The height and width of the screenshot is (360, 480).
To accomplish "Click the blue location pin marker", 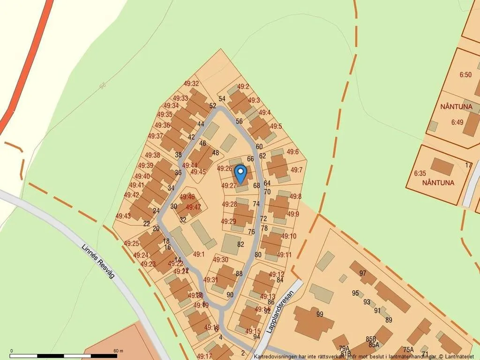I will pyautogui.click(x=240, y=174).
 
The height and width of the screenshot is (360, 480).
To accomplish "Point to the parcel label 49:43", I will pyautogui.click(x=123, y=216).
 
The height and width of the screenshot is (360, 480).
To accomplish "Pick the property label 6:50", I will pyautogui.click(x=465, y=75).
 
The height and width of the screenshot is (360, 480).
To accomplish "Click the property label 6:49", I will pyautogui.click(x=457, y=122).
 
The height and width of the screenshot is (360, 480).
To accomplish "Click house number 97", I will pyautogui.click(x=363, y=273).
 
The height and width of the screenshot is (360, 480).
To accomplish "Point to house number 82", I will pyautogui.click(x=241, y=244).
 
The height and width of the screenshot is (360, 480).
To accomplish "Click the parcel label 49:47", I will pyautogui.click(x=194, y=207).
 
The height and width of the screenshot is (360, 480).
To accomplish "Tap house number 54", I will pyautogui.click(x=222, y=98).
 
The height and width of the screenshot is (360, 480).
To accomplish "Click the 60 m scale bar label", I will pyautogui.click(x=118, y=351).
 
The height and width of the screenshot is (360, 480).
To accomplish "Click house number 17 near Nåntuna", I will pyautogui.click(x=468, y=165).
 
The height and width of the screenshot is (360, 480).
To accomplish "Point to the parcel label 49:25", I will pyautogui.click(x=132, y=243).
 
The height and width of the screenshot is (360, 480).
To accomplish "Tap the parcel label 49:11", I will pyautogui.click(x=284, y=255).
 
